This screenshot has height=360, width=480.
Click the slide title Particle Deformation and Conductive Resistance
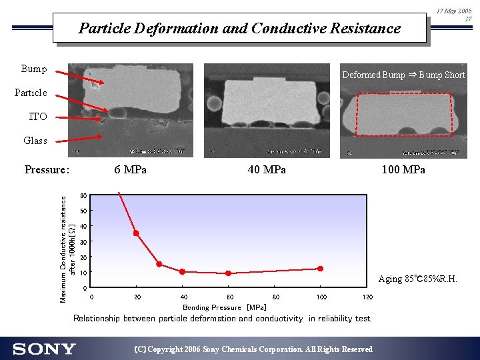point(239,28)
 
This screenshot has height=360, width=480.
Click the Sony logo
point(44,349)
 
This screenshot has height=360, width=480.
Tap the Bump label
point(34,69)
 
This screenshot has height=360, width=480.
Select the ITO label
point(38,117)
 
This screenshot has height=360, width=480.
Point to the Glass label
point(35,141)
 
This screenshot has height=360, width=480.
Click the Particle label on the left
point(31,93)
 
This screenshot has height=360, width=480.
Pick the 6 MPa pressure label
point(130,169)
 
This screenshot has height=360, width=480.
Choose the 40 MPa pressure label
point(267,169)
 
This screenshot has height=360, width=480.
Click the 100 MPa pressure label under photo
point(403,169)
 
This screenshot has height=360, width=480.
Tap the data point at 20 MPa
point(136,233)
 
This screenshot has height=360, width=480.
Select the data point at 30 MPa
point(159,264)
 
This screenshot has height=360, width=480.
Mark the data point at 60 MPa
point(228,273)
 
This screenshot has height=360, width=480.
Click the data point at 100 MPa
point(320,269)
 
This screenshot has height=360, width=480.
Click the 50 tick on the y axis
point(83,211)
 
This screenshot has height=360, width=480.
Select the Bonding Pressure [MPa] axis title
point(224,307)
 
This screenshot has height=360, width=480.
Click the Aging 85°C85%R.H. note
point(417,279)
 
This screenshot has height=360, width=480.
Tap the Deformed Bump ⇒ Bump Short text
point(403,75)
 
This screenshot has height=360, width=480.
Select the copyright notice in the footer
point(253,349)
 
